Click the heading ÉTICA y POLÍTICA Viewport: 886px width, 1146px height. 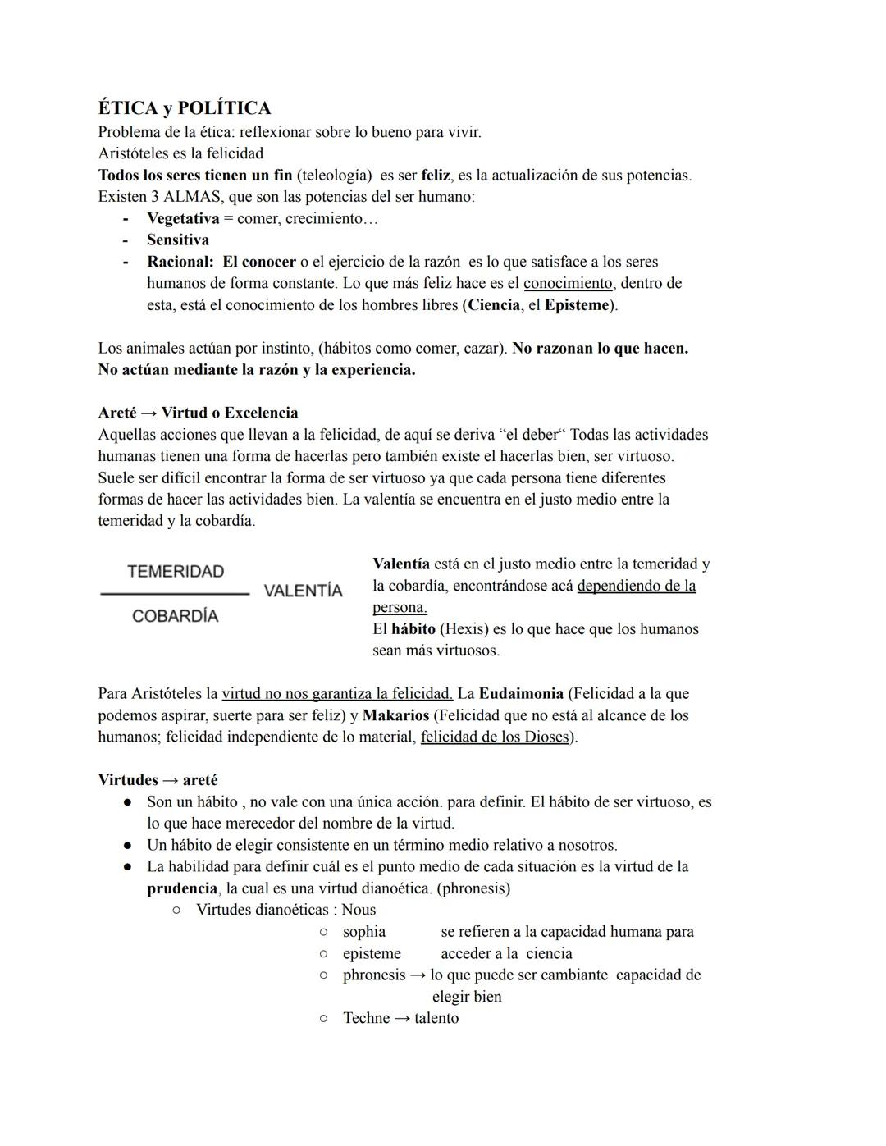(x=185, y=108)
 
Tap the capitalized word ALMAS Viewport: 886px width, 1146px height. (x=190, y=197)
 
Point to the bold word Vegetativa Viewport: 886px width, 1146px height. (x=183, y=218)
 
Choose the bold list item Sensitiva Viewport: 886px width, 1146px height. (x=178, y=240)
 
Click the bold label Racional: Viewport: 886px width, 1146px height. (x=180, y=262)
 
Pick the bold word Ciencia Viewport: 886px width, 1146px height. (x=494, y=305)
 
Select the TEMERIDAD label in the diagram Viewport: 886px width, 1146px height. (x=176, y=572)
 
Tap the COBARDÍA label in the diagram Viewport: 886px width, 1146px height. (x=176, y=616)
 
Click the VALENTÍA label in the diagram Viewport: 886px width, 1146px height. (x=303, y=591)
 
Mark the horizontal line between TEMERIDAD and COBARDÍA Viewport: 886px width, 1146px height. (x=175, y=593)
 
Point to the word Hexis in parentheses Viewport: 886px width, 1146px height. (x=464, y=629)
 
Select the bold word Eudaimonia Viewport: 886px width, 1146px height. (x=521, y=693)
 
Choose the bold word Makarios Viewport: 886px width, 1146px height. (x=396, y=715)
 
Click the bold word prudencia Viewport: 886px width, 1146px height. (x=182, y=888)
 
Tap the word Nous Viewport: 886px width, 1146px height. (x=359, y=910)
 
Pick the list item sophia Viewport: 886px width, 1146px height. (x=364, y=932)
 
